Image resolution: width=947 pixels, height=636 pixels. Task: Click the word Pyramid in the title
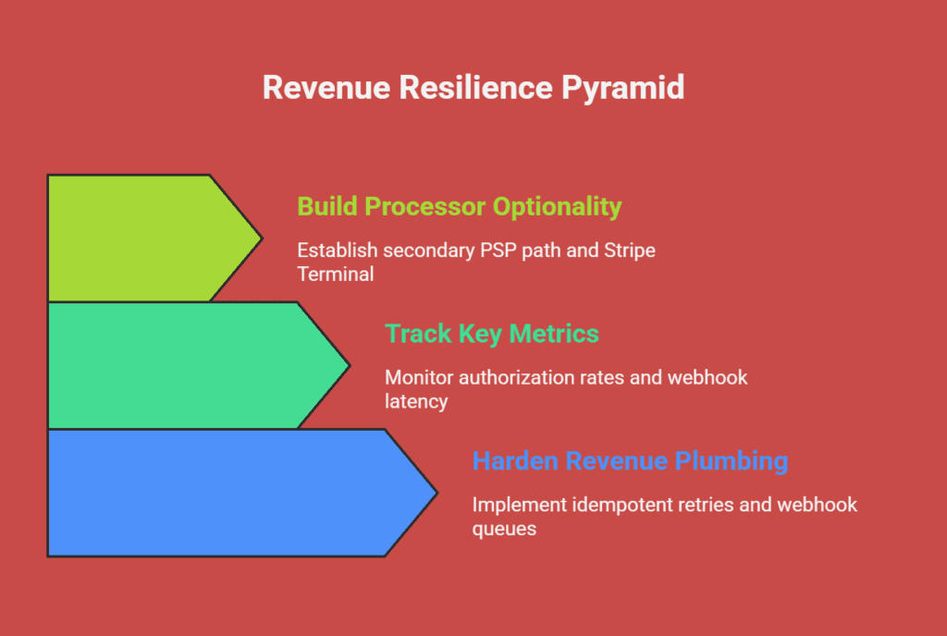(x=622, y=88)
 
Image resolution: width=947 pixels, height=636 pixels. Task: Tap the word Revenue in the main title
(x=326, y=87)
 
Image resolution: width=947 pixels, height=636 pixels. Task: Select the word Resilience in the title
(x=476, y=87)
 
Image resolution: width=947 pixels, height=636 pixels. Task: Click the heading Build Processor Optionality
(x=459, y=207)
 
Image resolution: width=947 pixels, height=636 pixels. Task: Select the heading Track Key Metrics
(x=492, y=334)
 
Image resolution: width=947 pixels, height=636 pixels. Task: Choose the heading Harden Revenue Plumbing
(x=630, y=461)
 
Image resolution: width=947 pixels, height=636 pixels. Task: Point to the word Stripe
(x=630, y=251)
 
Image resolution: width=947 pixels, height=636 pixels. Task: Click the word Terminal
(x=335, y=274)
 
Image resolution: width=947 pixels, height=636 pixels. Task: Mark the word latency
(x=416, y=402)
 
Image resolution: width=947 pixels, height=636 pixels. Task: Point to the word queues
(x=504, y=529)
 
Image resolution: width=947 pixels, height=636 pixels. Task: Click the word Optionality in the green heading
(x=557, y=207)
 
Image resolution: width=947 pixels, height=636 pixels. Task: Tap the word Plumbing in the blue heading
(x=732, y=461)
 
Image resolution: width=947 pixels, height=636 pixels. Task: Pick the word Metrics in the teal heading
(x=554, y=334)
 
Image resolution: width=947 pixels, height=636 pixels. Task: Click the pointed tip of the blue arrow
(x=437, y=493)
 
